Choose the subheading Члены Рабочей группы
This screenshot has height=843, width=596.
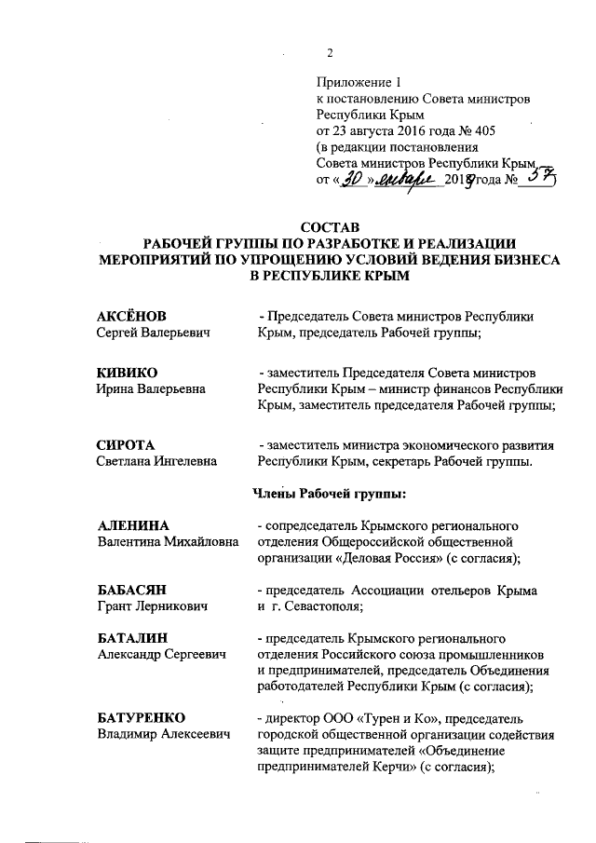[x=323, y=491]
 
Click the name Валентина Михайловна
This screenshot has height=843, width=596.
[x=169, y=543]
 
